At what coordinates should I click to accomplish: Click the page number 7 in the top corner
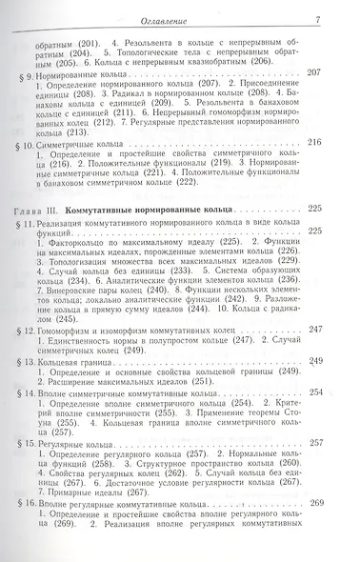point(343,9)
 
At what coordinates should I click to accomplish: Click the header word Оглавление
point(180,9)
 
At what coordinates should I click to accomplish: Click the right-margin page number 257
point(340,469)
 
